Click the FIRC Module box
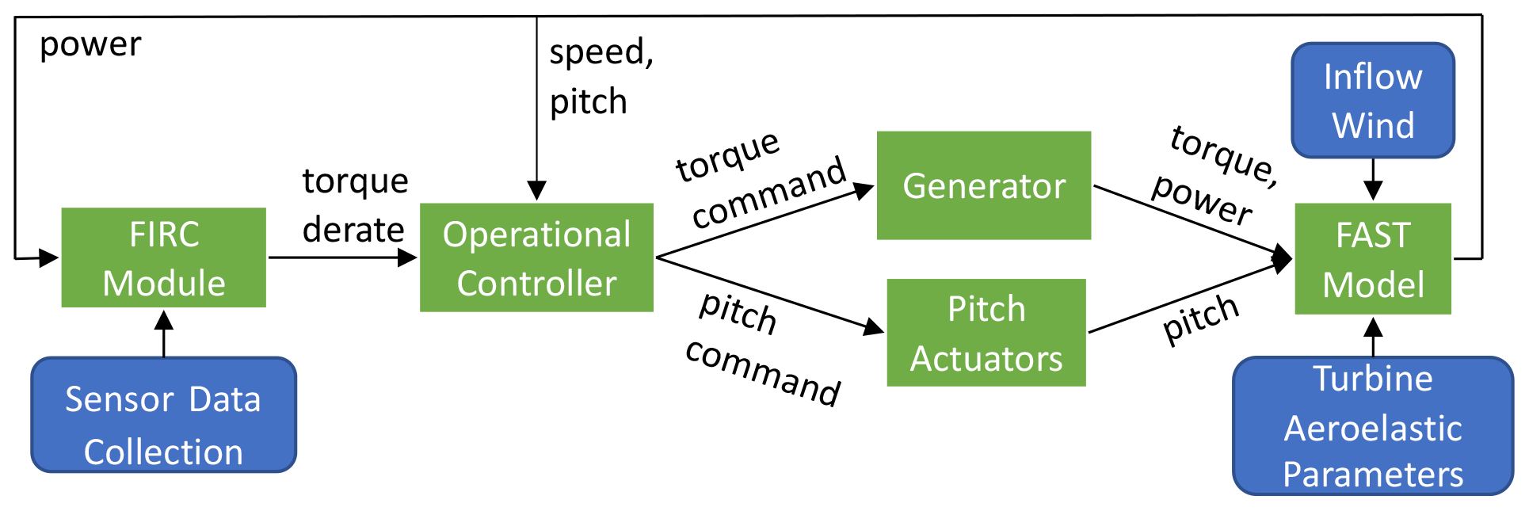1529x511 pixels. click(x=164, y=257)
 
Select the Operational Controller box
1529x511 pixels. click(x=536, y=257)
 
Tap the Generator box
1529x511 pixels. click(x=984, y=185)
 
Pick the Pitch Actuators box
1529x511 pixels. click(x=986, y=333)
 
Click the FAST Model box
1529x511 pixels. click(x=1373, y=259)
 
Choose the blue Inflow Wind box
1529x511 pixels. click(x=1373, y=101)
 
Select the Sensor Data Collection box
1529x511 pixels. click(x=163, y=415)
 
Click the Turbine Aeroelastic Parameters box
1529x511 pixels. click(x=1373, y=426)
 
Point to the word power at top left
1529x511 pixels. click(x=90, y=44)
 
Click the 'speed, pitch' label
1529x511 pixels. click(x=601, y=77)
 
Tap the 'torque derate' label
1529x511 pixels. click(x=355, y=205)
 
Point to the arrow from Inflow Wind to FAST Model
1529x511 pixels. click(x=1373, y=179)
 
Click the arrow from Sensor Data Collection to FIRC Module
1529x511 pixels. click(x=164, y=333)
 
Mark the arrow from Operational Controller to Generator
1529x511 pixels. click(x=764, y=223)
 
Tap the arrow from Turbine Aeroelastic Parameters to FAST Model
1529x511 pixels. click(x=1373, y=337)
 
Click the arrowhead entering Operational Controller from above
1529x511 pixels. click(x=537, y=191)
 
